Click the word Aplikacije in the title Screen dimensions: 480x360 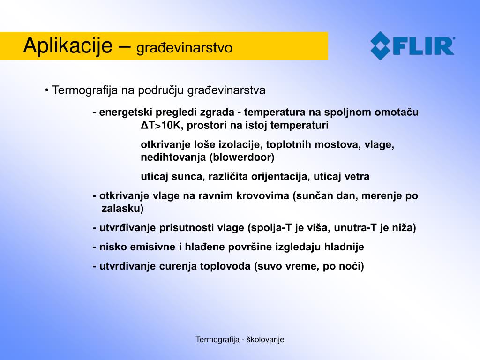[68, 46]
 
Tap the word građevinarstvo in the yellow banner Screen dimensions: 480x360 [184, 48]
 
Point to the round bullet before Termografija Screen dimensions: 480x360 [47, 90]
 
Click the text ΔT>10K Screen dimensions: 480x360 [162, 125]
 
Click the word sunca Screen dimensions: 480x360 [188, 177]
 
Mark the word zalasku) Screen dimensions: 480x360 [122, 209]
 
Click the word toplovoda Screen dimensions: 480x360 [225, 266]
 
